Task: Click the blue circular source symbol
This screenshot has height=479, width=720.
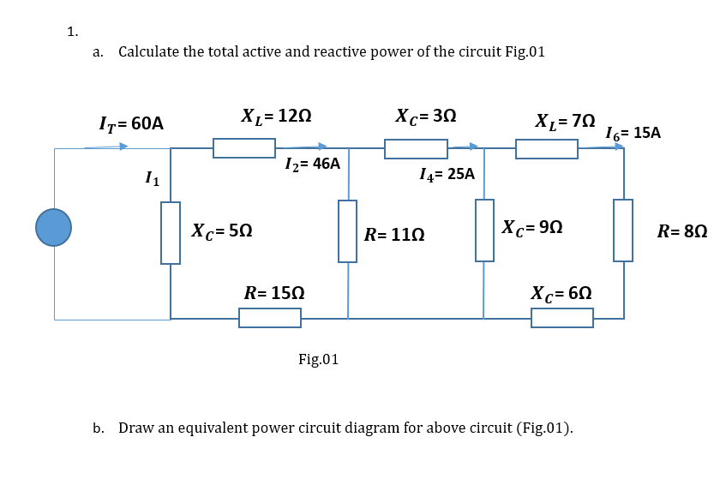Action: click(53, 228)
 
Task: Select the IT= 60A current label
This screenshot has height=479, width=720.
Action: click(130, 123)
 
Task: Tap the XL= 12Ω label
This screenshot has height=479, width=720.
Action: click(276, 115)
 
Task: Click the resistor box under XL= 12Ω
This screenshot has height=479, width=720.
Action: click(244, 148)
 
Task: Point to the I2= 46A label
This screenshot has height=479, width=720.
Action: click(312, 164)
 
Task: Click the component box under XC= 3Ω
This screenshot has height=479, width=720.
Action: click(416, 149)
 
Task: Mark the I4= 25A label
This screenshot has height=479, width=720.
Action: click(447, 174)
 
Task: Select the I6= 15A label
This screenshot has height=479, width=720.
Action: click(633, 133)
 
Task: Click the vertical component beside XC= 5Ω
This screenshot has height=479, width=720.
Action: click(171, 232)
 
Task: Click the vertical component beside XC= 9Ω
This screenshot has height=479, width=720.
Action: click(485, 230)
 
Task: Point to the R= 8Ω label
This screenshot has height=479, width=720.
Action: click(682, 231)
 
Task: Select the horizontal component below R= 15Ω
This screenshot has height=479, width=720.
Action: click(269, 318)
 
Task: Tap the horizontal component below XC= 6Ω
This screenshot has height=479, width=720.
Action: click(561, 318)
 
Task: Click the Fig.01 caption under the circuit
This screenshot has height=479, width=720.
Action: click(318, 359)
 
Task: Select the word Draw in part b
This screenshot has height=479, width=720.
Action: click(134, 427)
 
